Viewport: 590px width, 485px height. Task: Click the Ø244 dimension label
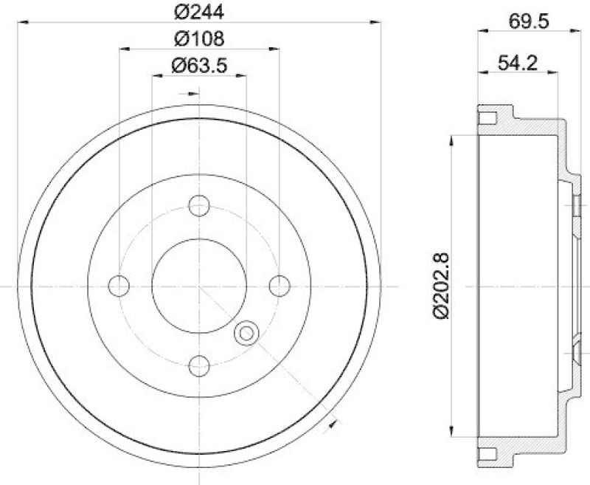(x=198, y=12)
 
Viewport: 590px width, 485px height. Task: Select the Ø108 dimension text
(x=198, y=38)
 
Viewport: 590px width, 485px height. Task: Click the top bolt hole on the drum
(x=198, y=205)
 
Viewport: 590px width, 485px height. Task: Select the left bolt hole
(x=119, y=285)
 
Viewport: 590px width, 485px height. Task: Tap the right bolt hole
(x=279, y=285)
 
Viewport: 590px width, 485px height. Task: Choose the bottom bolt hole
(x=198, y=365)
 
